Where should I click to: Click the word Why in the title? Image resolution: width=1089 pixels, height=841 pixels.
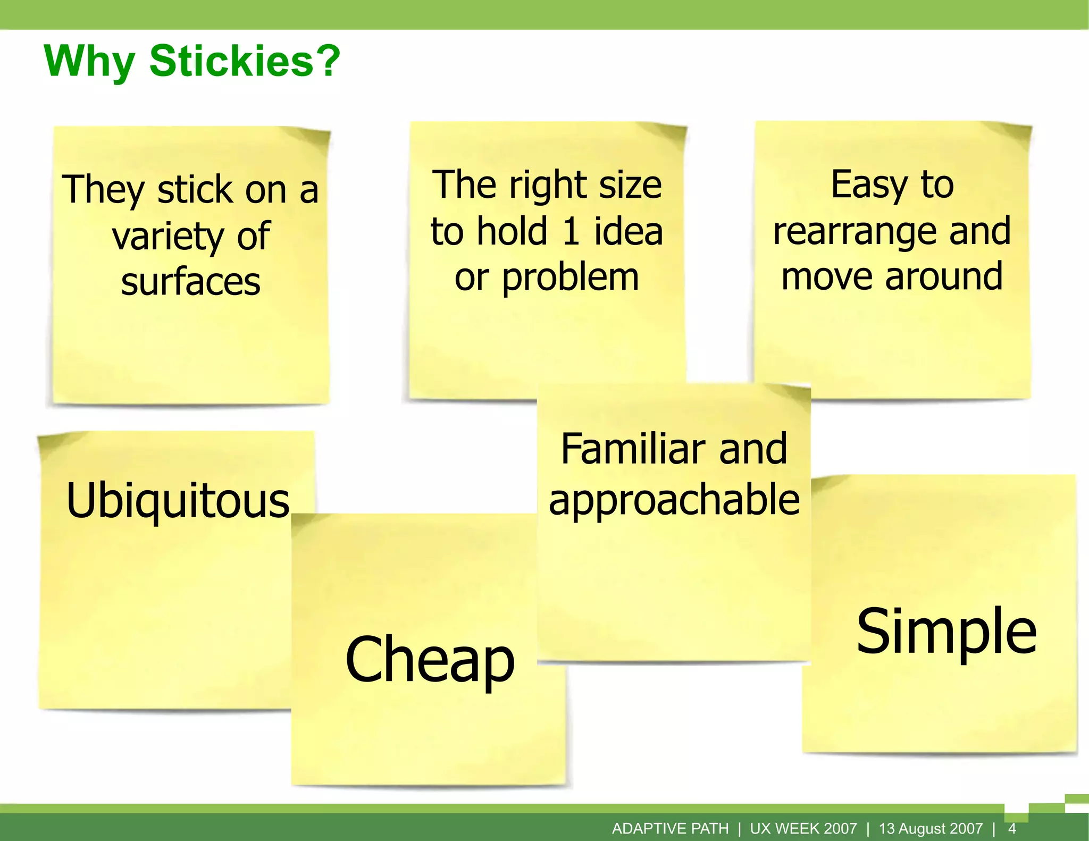89,63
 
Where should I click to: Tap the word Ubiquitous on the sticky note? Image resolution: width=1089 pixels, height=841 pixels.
178,501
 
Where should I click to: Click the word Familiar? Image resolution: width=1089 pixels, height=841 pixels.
632,449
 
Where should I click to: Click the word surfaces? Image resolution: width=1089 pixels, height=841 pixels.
190,282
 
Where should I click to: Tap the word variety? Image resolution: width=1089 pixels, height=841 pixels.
168,237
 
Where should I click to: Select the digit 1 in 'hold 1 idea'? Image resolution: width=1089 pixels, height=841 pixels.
571,231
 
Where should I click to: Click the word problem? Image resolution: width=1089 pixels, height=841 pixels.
570,277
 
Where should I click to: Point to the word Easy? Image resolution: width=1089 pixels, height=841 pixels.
869,185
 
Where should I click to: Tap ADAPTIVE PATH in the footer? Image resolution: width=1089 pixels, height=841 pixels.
670,828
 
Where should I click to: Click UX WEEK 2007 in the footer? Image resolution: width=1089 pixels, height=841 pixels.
803,828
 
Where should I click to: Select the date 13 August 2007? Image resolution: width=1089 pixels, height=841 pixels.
931,828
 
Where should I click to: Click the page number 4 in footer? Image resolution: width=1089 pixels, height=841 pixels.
1012,828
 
